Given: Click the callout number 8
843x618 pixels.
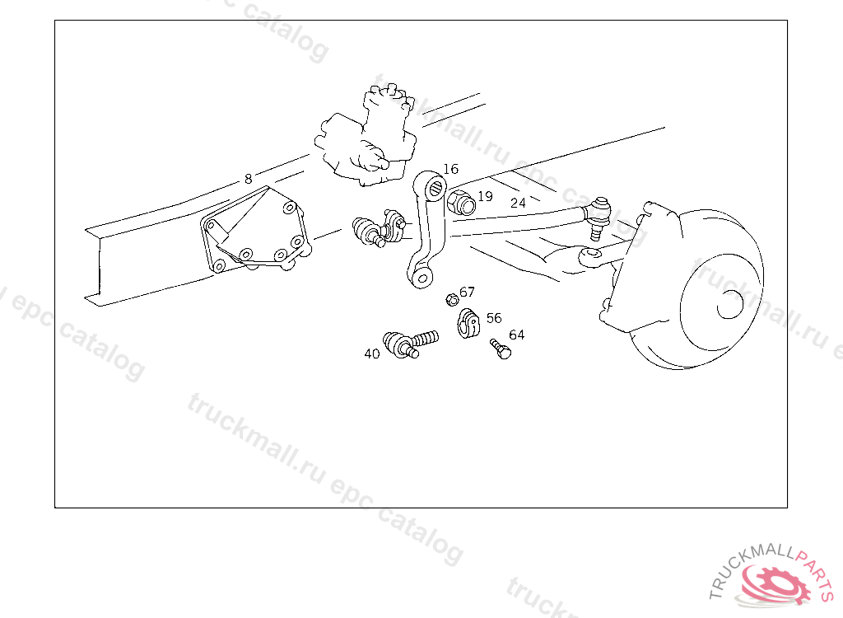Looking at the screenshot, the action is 248,179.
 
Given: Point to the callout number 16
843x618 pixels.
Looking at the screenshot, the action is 450,169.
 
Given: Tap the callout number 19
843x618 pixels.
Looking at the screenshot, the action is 485,196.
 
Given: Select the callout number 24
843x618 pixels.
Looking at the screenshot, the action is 518,203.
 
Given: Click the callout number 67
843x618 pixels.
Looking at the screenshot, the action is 468,292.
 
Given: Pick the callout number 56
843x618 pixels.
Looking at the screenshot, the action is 494,318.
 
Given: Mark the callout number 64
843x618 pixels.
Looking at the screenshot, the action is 517,335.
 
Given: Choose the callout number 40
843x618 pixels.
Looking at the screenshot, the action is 372,353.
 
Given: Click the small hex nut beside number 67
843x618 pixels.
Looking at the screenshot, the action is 452,299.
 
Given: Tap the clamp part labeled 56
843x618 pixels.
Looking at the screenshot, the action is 468,323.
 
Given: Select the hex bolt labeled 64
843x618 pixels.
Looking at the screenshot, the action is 501,349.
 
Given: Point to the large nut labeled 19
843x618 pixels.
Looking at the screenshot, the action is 461,203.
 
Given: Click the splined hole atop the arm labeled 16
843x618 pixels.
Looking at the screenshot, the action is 436,188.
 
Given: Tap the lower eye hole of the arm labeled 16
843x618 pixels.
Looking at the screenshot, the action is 422,278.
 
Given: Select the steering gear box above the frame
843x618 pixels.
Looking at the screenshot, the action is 366,138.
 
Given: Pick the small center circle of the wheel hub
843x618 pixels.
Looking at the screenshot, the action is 730,304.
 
